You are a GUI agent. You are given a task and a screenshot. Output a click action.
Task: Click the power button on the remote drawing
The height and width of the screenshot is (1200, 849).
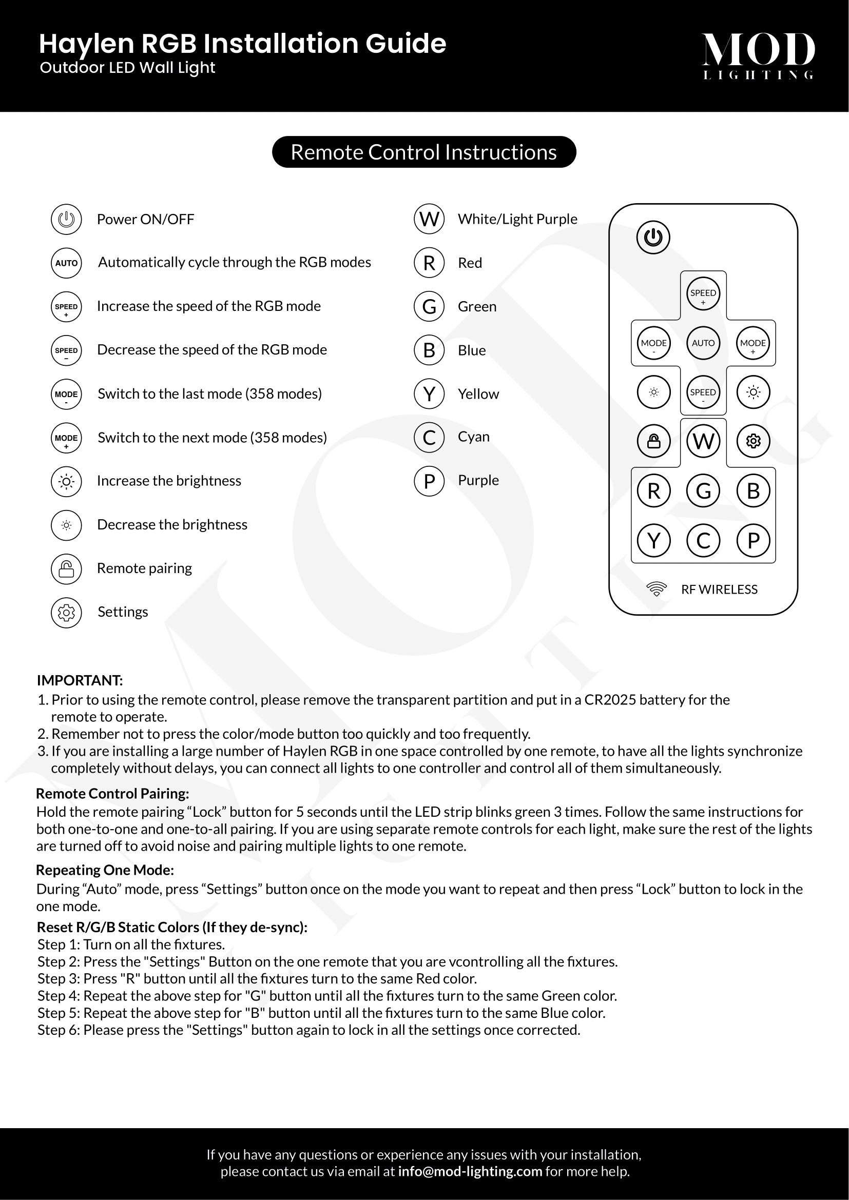tap(653, 238)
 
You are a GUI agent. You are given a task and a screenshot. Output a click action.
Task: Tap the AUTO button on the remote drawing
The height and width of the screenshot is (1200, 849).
tap(703, 343)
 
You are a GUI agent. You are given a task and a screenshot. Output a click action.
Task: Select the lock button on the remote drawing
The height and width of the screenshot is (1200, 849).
tap(653, 441)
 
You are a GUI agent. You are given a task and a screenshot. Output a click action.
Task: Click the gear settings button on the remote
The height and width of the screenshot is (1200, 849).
tap(753, 441)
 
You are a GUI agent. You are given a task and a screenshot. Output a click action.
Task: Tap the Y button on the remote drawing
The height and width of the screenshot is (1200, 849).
tap(653, 540)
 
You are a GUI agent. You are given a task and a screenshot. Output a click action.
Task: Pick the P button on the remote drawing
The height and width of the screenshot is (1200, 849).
tap(753, 540)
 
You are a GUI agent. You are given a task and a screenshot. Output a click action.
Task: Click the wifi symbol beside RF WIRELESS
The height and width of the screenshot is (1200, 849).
tap(656, 589)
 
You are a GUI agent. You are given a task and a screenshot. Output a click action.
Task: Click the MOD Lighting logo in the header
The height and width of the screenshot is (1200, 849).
tap(758, 55)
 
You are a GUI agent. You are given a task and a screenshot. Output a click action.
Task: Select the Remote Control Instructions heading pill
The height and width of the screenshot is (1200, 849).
tap(424, 152)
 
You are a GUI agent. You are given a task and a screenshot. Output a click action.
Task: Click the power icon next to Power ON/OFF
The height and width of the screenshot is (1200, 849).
tap(66, 219)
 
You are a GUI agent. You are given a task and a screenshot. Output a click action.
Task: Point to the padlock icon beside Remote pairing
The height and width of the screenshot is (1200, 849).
tap(66, 568)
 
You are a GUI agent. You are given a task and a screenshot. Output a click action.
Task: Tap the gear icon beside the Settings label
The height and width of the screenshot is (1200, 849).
tap(66, 612)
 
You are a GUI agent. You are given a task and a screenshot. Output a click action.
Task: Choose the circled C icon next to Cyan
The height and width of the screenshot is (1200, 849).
tap(429, 437)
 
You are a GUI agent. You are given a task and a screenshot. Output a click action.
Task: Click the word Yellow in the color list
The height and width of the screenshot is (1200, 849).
tap(478, 394)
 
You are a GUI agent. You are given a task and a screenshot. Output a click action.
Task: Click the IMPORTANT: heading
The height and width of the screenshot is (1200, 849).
tap(80, 680)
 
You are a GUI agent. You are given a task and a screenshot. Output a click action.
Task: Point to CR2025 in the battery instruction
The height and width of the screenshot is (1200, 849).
tap(610, 700)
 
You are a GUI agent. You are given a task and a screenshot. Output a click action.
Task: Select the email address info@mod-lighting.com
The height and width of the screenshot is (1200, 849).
tap(470, 1171)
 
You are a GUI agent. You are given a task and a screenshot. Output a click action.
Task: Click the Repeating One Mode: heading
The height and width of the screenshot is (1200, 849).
tap(105, 870)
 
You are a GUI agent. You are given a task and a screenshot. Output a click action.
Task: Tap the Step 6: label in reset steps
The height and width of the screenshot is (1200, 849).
tap(59, 1030)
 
